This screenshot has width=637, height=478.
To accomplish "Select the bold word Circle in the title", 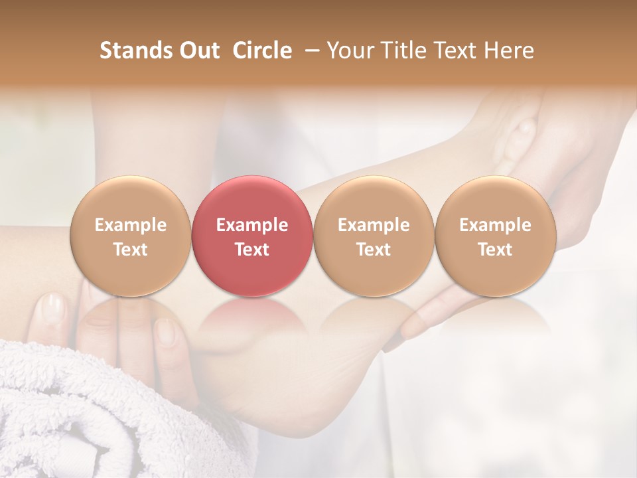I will (x=262, y=50).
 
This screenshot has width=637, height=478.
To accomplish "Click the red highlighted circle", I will (x=252, y=236).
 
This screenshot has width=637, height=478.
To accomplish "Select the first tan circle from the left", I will (x=130, y=236).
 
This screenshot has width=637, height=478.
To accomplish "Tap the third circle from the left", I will (x=374, y=236).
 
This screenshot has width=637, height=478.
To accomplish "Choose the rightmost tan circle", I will (x=496, y=236).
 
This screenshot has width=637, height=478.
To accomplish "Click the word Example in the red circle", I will (x=252, y=225).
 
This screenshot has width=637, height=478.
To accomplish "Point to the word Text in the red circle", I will (x=252, y=250).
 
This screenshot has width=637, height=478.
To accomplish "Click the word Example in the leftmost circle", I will (x=130, y=225).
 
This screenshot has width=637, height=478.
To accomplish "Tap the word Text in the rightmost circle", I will (x=496, y=250).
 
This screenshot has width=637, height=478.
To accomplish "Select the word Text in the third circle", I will (x=374, y=250).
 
